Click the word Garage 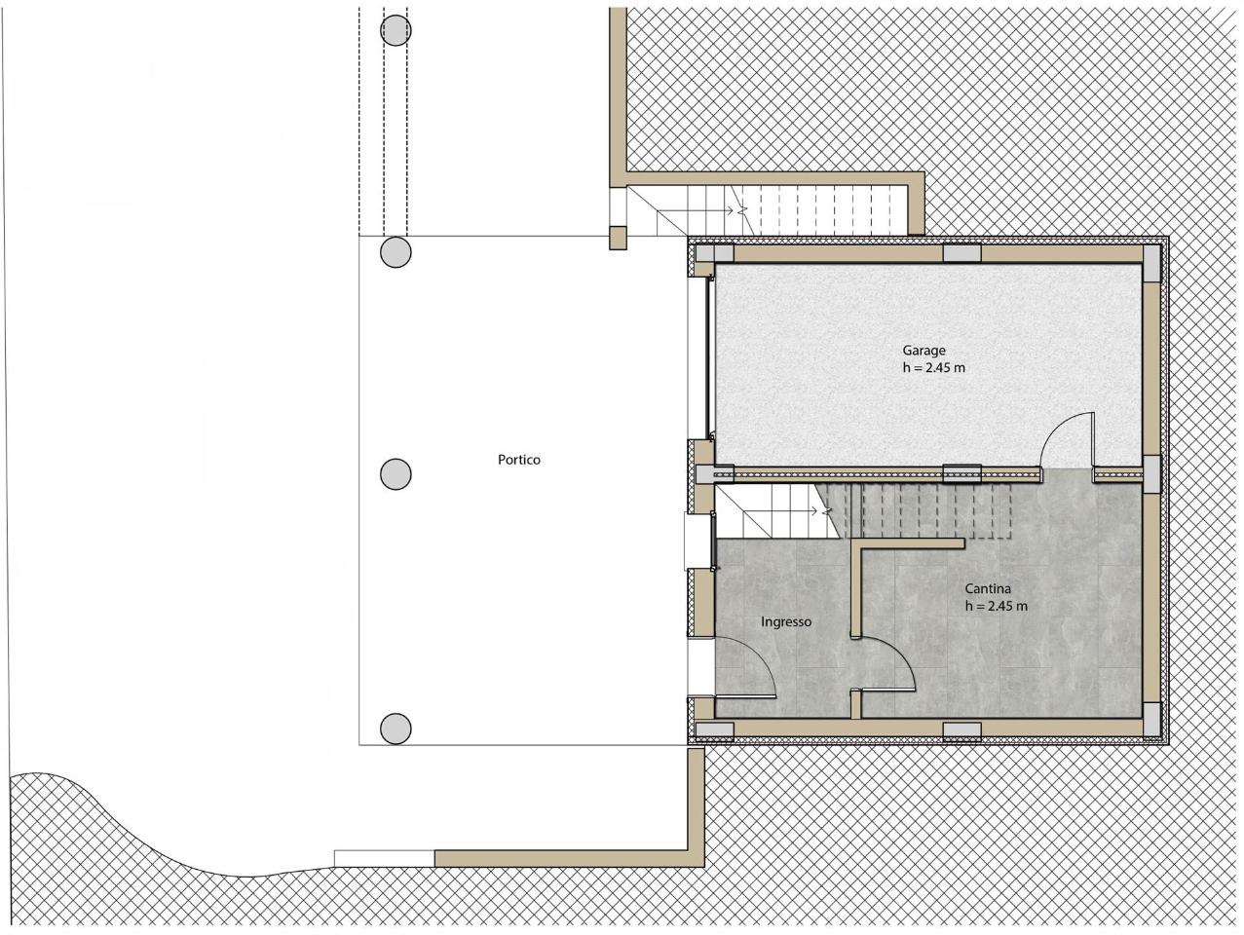pyautogui.click(x=924, y=351)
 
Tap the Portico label pyautogui.click(x=518, y=460)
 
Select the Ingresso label pyautogui.click(x=786, y=622)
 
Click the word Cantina pyautogui.click(x=988, y=589)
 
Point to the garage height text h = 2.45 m pyautogui.click(x=934, y=368)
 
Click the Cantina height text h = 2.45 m pyautogui.click(x=997, y=606)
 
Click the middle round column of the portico pyautogui.click(x=396, y=473)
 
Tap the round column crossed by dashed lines pyautogui.click(x=396, y=29)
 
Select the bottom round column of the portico pyautogui.click(x=396, y=729)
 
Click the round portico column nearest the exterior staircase pyautogui.click(x=396, y=251)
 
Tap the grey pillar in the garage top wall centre pyautogui.click(x=961, y=252)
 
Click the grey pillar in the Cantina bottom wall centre pyautogui.click(x=961, y=731)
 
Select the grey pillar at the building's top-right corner pyautogui.click(x=1151, y=262)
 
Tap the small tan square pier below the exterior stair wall pyautogui.click(x=619, y=238)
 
